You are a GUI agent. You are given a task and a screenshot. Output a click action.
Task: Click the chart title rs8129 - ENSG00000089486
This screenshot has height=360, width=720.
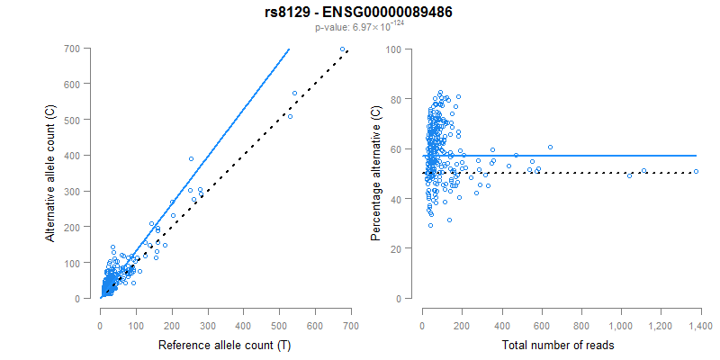coord(360,13)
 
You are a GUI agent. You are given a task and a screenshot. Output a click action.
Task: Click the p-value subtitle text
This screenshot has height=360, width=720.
coord(360,28)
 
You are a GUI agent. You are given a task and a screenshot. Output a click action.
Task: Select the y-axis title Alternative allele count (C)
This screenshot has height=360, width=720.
coord(51,173)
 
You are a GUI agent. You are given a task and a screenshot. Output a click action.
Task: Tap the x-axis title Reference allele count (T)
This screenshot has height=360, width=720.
coord(224,345)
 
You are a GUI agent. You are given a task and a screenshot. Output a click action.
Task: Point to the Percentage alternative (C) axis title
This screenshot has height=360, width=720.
coord(376,173)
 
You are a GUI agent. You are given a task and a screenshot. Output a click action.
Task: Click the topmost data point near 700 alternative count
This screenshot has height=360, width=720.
coord(342,49)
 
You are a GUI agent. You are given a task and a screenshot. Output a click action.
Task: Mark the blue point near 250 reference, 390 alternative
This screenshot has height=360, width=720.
coord(191,158)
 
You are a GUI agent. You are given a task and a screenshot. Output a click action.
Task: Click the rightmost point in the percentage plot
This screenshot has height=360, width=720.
coord(696,171)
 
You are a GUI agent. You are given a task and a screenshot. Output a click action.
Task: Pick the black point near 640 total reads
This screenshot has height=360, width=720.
coord(550,147)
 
